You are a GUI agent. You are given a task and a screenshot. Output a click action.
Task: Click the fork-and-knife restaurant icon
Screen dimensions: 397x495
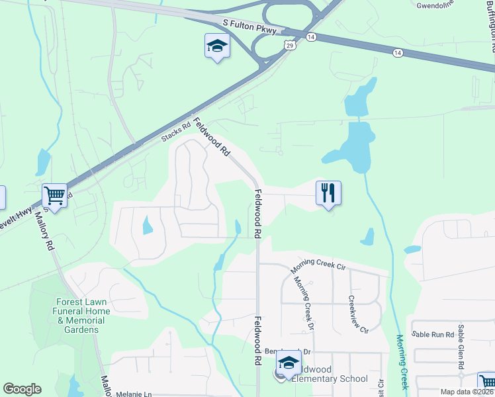[x=328, y=193]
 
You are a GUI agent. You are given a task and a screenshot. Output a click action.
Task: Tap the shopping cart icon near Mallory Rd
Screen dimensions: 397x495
[x=55, y=196]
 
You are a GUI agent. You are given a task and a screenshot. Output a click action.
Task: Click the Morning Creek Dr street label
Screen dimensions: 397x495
[x=304, y=302]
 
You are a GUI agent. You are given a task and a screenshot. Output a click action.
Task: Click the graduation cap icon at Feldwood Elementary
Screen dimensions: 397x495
[x=289, y=363]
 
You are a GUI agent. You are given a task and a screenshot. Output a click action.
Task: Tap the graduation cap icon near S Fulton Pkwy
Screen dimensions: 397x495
[x=216, y=46]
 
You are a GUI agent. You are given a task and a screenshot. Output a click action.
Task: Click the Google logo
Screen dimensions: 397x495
[x=22, y=388]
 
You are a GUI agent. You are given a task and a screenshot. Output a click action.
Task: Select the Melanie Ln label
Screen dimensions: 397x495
[x=133, y=394]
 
